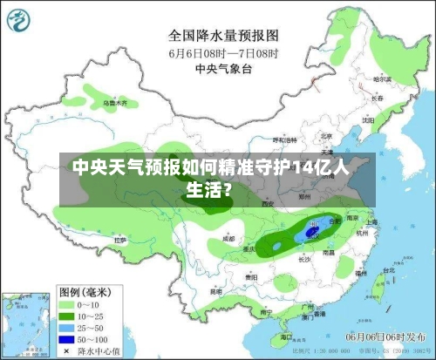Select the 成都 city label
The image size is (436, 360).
coord(228,237)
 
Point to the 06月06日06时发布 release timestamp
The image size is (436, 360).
coord(384,336)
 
